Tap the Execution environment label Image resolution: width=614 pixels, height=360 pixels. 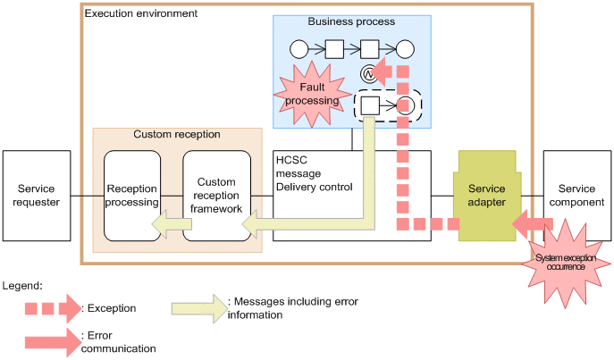click(x=140, y=14)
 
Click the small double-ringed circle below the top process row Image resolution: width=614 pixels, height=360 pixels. click(x=366, y=74)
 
